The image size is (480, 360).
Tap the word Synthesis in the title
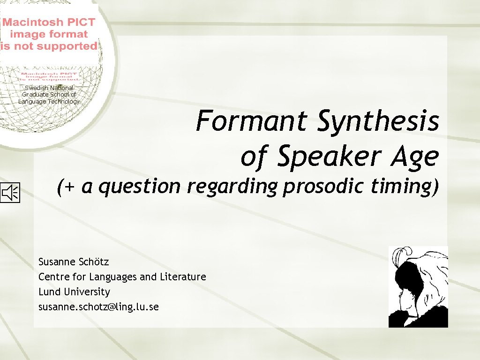(378, 122)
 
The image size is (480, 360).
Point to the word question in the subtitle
(140, 187)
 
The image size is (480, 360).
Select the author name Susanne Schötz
(74, 262)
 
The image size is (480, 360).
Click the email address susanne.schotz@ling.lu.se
(98, 307)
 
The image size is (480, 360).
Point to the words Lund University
(74, 292)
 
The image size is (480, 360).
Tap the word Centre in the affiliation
(53, 277)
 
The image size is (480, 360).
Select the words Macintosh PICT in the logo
(49, 22)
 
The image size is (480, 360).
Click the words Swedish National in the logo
(49, 88)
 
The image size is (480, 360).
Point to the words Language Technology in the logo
(49, 101)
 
